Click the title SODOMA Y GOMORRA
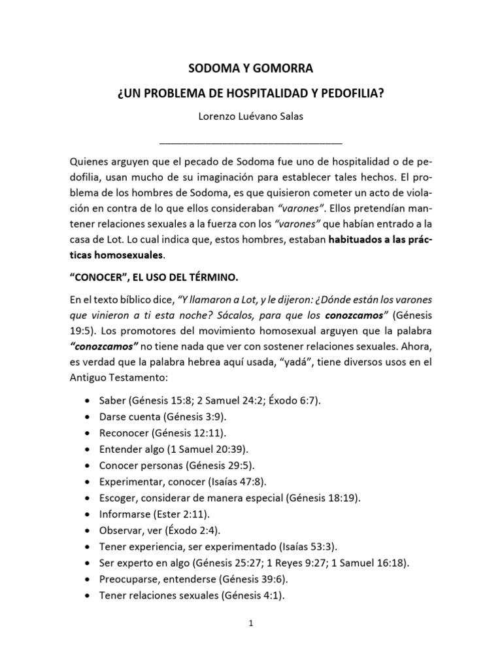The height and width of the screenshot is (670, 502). pos(250,67)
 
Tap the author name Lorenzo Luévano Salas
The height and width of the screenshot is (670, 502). pos(250,117)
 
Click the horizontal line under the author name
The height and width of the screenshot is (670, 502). pos(250,142)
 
